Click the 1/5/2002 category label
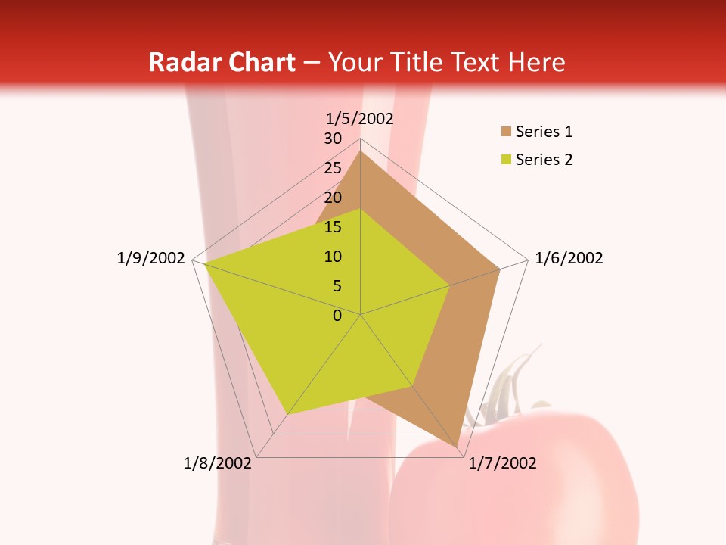359,118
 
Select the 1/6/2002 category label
569,258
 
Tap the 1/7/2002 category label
502,463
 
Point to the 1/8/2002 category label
217,463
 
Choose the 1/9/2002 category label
151,258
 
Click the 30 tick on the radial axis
333,139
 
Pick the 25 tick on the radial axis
333,168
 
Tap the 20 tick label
333,198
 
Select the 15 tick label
333,227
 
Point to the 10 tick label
333,257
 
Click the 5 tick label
337,286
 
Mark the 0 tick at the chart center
337,316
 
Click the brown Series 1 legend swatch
506,132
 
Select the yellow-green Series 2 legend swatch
506,160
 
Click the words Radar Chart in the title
222,62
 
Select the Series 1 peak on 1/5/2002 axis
360,151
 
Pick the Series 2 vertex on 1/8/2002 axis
288,413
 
